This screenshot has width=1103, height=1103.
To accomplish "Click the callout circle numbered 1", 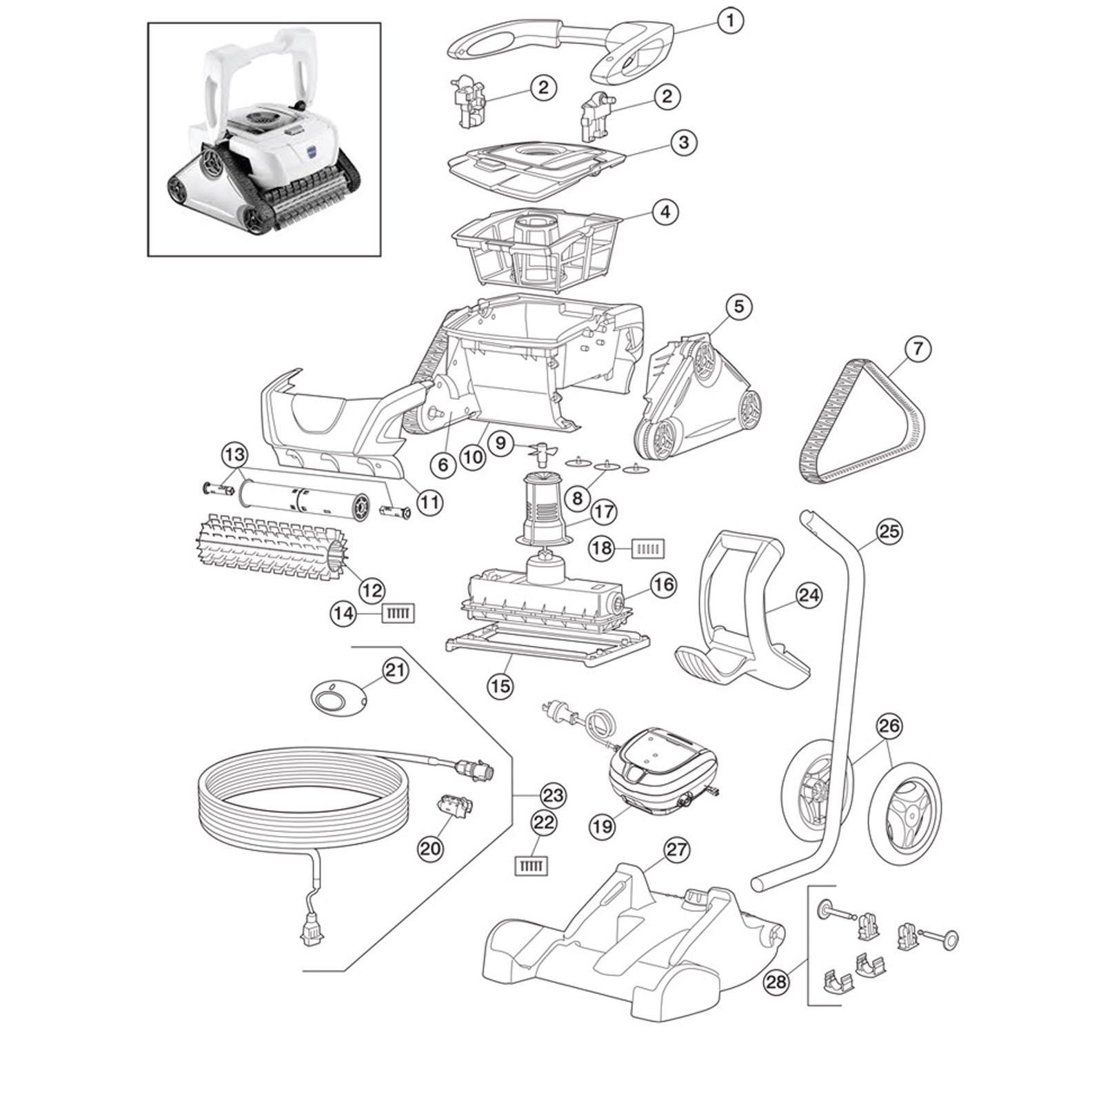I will click(x=730, y=21).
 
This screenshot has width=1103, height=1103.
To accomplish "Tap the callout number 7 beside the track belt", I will click(x=917, y=349).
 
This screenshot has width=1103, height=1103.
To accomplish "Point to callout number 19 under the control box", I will click(x=603, y=826).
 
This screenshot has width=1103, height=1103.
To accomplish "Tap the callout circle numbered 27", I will click(x=677, y=850).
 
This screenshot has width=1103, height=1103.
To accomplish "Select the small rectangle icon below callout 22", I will click(x=532, y=866).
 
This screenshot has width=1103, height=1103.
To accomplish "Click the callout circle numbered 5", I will click(x=738, y=306).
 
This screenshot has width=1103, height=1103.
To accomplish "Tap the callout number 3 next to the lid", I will click(x=683, y=143).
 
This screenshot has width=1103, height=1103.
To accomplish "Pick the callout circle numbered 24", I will click(x=809, y=595).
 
